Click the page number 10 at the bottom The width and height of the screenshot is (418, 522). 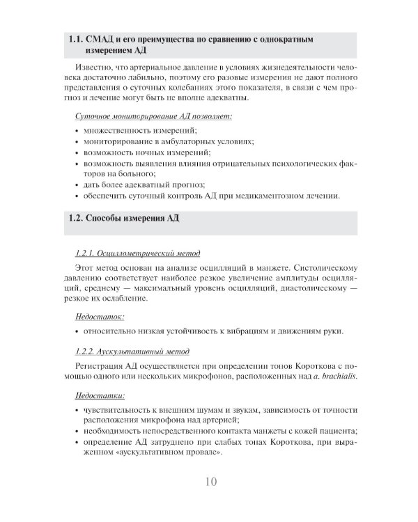coord(211,481)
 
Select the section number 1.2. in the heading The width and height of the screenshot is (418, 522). coord(77,218)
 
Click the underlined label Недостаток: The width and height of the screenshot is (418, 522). coord(95,315)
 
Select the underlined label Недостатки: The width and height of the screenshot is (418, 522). coord(95,395)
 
